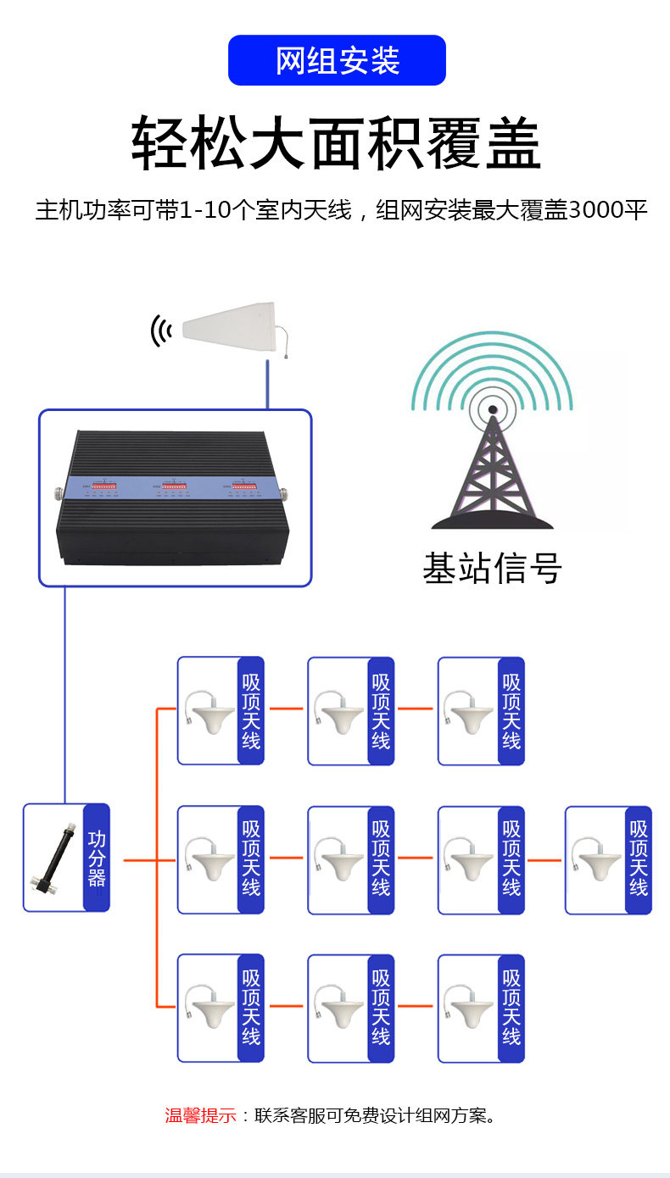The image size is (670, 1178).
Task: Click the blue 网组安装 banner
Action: click(337, 60)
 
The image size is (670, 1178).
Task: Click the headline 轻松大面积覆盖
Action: click(336, 143)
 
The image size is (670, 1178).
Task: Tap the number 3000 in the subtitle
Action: click(596, 210)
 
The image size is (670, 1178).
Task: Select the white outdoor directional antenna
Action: click(235, 328)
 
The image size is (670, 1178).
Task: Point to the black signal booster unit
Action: click(174, 497)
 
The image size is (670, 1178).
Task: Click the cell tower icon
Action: click(492, 431)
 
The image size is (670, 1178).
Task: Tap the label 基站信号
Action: click(492, 568)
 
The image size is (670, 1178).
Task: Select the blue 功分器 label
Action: click(97, 858)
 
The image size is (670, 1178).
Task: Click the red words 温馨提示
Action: click(200, 1116)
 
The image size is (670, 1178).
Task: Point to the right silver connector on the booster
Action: click(284, 494)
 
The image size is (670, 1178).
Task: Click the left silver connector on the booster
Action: click(59, 494)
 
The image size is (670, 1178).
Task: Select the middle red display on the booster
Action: click(173, 486)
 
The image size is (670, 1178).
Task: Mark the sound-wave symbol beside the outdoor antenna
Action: click(161, 331)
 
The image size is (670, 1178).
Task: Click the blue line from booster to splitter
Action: click(65, 695)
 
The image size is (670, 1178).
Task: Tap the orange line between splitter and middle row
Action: click(141, 860)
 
